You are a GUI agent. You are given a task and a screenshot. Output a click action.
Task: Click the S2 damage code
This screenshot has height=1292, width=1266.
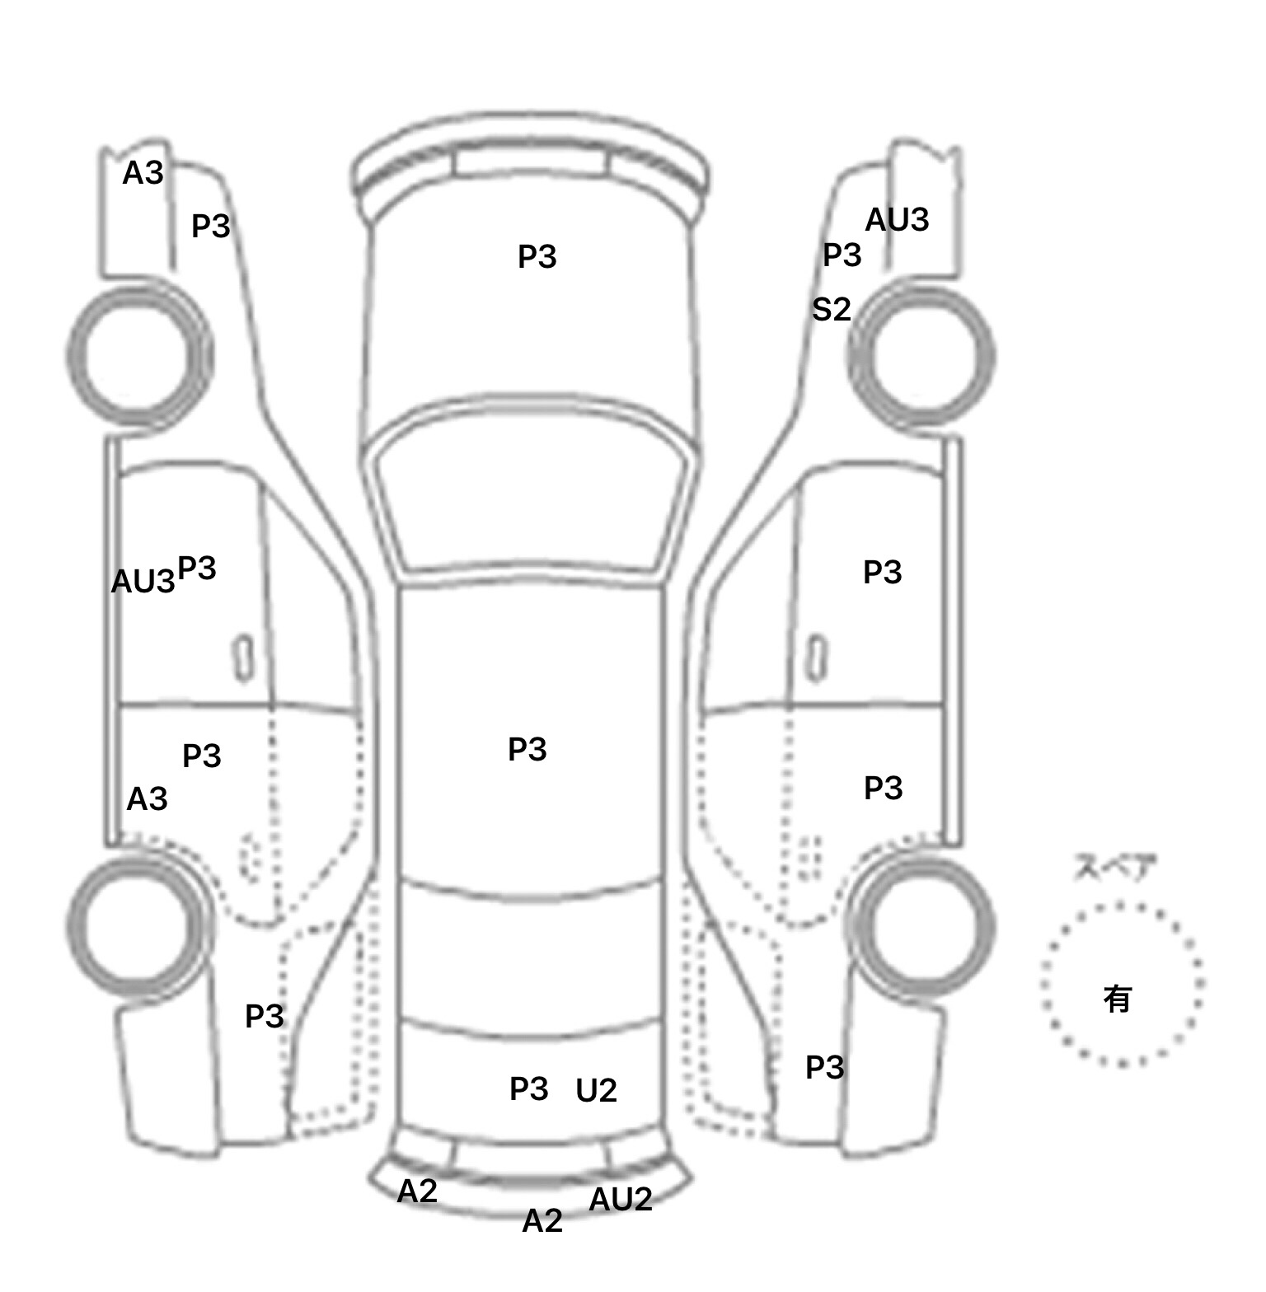(x=831, y=310)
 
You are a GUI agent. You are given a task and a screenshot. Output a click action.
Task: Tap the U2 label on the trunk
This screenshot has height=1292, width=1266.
(x=596, y=1091)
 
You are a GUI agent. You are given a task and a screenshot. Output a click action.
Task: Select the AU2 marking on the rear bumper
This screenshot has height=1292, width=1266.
(x=621, y=1200)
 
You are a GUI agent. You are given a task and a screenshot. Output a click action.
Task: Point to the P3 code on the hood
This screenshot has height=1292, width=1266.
(x=537, y=257)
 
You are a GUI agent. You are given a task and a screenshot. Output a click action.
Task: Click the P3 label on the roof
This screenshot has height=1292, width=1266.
(x=527, y=750)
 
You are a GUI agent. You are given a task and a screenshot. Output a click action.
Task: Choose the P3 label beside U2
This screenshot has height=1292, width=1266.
(x=529, y=1089)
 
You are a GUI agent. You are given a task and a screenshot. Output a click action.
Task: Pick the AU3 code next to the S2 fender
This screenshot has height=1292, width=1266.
(x=897, y=220)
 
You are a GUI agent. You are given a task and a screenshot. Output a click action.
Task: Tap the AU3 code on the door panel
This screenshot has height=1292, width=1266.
(x=143, y=582)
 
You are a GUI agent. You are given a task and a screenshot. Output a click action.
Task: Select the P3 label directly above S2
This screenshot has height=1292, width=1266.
(x=842, y=255)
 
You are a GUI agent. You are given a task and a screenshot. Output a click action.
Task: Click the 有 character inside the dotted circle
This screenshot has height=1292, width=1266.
(x=1118, y=999)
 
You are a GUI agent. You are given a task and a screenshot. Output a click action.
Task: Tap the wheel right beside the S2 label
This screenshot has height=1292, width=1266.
(x=921, y=357)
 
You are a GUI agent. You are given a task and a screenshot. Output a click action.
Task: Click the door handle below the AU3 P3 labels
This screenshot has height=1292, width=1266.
(x=243, y=658)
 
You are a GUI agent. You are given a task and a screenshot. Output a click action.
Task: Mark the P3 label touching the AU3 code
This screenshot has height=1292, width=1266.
(x=197, y=569)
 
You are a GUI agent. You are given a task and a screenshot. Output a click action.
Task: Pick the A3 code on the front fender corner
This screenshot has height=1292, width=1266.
(x=143, y=173)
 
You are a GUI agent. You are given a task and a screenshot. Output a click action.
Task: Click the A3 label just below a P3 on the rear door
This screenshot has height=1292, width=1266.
(x=147, y=799)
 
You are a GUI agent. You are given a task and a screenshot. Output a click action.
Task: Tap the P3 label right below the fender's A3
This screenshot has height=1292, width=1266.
(x=211, y=227)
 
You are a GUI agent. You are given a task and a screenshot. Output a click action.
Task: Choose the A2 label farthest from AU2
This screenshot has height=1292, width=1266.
(x=417, y=1191)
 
